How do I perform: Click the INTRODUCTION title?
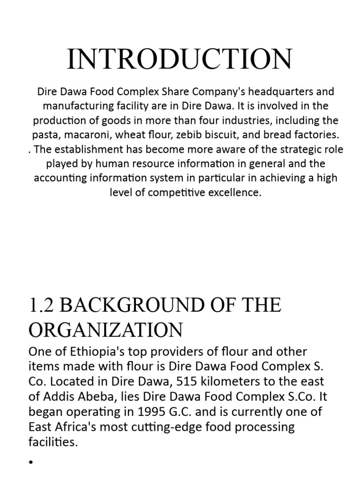(180, 60)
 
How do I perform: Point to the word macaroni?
(82, 135)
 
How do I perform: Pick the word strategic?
(283, 150)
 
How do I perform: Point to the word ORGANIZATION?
(105, 330)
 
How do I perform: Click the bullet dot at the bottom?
(31, 462)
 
